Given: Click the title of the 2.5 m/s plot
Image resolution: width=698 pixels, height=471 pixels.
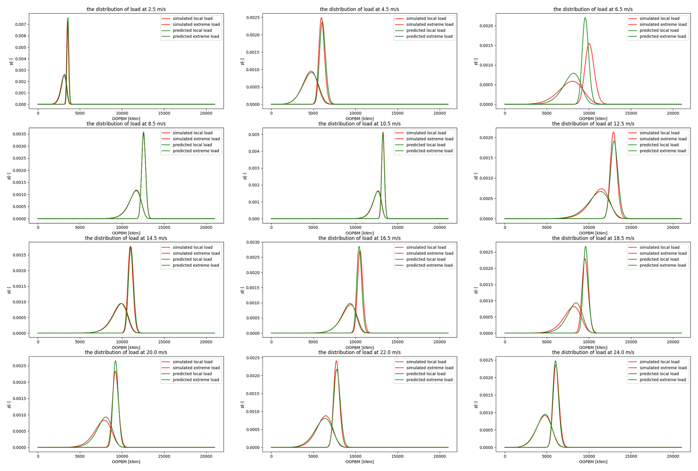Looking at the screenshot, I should pyautogui.click(x=126, y=9).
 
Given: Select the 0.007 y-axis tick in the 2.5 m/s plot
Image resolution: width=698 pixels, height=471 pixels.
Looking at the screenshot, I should pyautogui.click(x=21, y=24).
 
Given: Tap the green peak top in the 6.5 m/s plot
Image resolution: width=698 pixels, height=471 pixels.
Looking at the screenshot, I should pyautogui.click(x=585, y=18).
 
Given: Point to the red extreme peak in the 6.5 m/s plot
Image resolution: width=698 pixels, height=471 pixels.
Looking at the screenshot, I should pyautogui.click(x=589, y=44).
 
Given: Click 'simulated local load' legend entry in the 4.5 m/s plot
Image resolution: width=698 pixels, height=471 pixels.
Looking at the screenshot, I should pyautogui.click(x=426, y=18).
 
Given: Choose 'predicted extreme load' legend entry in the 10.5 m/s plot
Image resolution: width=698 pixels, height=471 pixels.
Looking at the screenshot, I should pyautogui.click(x=429, y=151).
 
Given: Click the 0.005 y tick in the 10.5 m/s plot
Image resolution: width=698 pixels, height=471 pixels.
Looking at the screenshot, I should pyautogui.click(x=254, y=134).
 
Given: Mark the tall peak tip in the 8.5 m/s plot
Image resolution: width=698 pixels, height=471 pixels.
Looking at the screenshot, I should pyautogui.click(x=144, y=132).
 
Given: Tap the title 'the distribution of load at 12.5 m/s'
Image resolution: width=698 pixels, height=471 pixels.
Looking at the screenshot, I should pyautogui.click(x=593, y=124).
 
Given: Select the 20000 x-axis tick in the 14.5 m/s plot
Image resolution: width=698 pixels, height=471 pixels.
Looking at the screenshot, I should pyautogui.click(x=206, y=342).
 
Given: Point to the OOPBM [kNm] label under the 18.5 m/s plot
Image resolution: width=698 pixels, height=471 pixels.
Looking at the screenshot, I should pyautogui.click(x=593, y=347).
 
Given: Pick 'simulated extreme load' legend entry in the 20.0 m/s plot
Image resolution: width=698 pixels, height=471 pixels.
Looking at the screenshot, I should pyautogui.click(x=196, y=368).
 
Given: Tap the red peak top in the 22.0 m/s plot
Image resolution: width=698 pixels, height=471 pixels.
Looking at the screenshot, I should pyautogui.click(x=336, y=361).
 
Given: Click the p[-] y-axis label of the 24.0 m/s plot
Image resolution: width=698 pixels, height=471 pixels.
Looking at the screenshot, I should pyautogui.click(x=476, y=405).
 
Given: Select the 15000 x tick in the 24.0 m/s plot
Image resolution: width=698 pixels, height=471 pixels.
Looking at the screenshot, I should pyautogui.click(x=631, y=456).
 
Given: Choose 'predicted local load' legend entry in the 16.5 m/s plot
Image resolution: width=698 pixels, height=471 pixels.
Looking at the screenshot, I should pyautogui.click(x=426, y=259).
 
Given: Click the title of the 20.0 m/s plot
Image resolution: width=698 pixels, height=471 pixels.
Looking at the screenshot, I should pyautogui.click(x=126, y=353).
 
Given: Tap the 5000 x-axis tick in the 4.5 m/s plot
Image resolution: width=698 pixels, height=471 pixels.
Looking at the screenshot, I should pyautogui.click(x=313, y=113).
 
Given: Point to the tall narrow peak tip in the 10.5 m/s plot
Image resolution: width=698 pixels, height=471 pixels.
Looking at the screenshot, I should pyautogui.click(x=383, y=132).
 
